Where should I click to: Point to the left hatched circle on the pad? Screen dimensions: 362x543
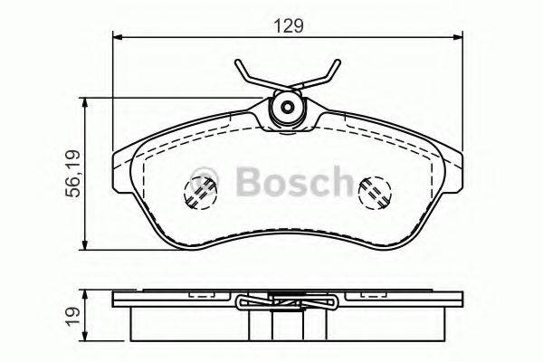(199, 191)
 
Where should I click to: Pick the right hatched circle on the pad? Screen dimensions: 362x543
(374, 191)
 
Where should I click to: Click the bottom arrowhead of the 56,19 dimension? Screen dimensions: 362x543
(86, 247)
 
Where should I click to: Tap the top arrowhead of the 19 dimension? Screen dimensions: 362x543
(86, 292)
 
